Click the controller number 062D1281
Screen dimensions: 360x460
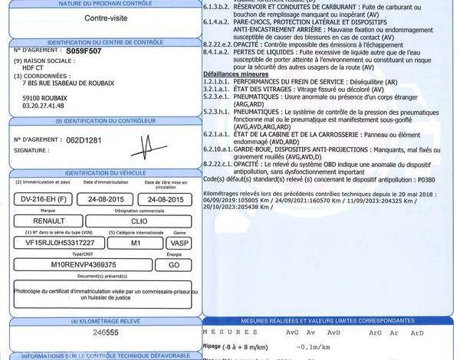coord(82,140)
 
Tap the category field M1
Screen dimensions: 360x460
coord(134,242)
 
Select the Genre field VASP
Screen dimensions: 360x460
coord(176,242)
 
